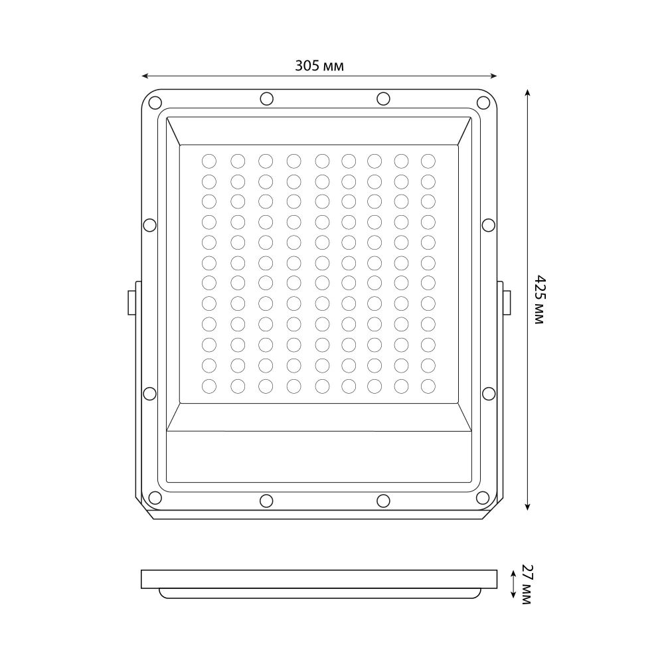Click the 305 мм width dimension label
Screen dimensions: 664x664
319,65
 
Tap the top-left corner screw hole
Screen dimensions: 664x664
155,103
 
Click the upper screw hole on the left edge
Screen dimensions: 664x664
150,224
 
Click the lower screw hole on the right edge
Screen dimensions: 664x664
489,393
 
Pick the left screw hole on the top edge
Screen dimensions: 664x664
266,99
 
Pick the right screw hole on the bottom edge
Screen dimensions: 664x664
383,500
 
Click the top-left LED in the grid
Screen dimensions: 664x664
209,160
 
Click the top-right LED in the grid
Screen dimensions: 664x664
428,160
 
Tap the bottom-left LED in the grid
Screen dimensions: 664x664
209,385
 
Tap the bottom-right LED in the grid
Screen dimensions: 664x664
428,385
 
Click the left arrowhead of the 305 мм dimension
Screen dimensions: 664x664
145,76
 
